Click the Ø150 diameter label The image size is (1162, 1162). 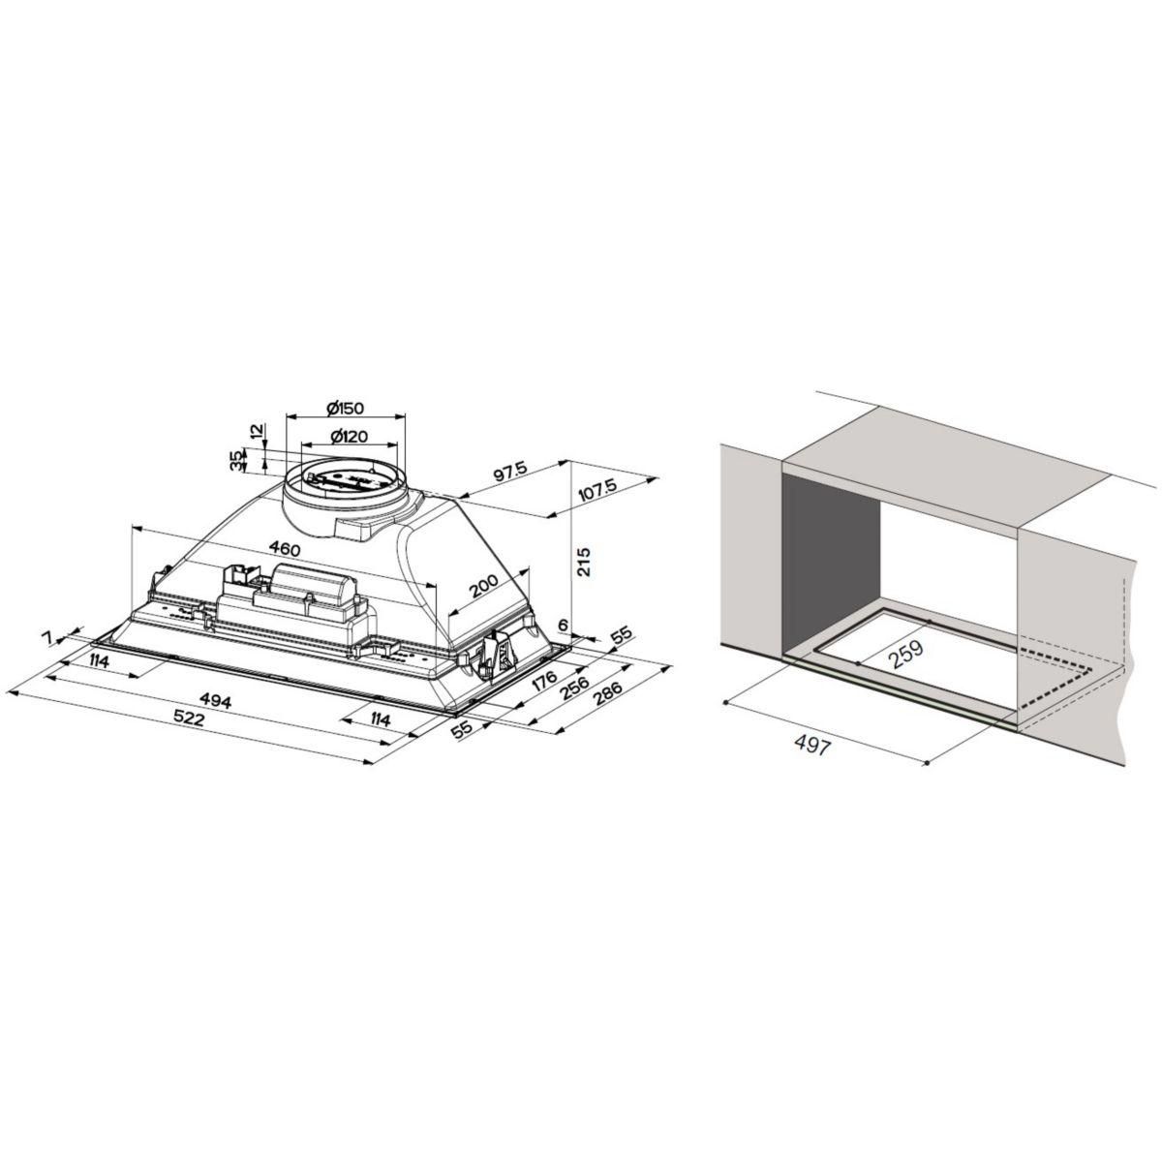(x=345, y=407)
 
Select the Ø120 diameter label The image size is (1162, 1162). (x=346, y=437)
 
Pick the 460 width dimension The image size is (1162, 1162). (x=285, y=549)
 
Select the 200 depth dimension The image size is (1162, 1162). (x=481, y=590)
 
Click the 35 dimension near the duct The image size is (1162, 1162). (x=236, y=462)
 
